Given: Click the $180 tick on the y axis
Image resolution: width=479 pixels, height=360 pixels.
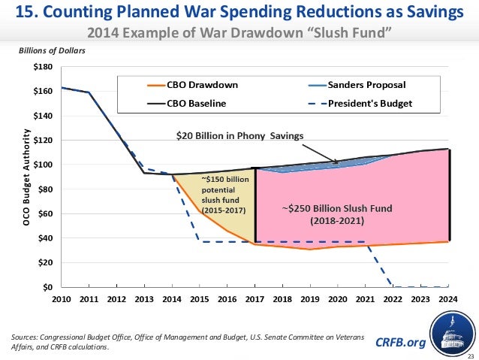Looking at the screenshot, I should (x=44, y=67).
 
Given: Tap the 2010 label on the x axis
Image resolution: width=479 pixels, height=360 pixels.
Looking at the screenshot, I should (x=62, y=299).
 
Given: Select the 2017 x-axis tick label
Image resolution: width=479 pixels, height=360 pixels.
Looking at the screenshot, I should (x=255, y=299).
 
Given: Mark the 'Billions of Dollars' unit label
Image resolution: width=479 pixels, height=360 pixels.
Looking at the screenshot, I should (x=51, y=51).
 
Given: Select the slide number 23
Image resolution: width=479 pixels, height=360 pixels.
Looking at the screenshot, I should (x=470, y=355).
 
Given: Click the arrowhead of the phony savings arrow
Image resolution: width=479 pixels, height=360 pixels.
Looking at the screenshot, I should (x=338, y=162).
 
